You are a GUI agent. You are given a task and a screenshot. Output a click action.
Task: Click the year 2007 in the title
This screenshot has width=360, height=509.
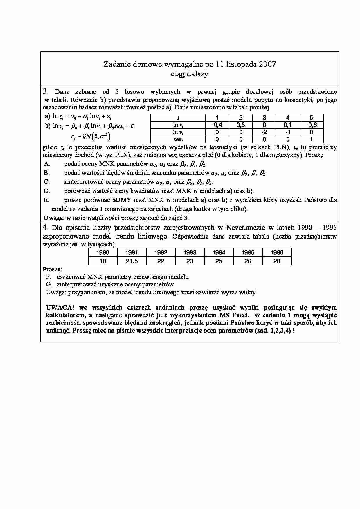pos(267,64)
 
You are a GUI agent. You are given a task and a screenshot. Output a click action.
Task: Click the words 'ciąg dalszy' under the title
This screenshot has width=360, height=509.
pos(190,74)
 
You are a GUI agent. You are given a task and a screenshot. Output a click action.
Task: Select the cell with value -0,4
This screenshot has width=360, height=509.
pos(217,125)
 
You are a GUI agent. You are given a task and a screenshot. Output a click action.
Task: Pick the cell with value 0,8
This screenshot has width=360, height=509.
pos(241,125)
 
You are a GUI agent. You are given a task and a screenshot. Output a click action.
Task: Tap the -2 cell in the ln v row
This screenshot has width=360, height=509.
pos(264,132)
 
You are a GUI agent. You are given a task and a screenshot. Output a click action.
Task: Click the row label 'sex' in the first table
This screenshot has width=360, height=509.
pos(178,139)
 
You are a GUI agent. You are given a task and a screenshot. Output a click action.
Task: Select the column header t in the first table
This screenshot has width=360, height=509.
pos(178,118)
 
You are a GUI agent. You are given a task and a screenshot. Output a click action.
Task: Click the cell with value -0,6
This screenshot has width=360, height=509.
pos(312,125)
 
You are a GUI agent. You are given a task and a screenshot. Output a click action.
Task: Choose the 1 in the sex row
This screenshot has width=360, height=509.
pos(312,139)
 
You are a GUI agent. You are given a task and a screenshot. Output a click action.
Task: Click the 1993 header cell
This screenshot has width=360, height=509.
pos(190,252)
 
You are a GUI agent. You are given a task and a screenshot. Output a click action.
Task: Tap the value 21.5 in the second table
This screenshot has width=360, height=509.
pos(132,261)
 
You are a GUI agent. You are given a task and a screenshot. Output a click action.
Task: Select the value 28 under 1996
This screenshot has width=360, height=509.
pos(277,261)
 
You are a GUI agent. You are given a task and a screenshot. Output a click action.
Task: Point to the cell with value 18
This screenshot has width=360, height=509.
pos(103,261)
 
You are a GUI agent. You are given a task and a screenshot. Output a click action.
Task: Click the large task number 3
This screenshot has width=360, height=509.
pos(45,91)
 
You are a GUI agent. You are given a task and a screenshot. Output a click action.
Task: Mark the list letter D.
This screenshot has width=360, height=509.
pos(46,191)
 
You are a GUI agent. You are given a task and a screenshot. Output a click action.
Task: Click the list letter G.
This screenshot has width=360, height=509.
pos(48,284)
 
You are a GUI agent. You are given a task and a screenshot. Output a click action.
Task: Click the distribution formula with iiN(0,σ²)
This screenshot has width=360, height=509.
pos(91,136)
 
